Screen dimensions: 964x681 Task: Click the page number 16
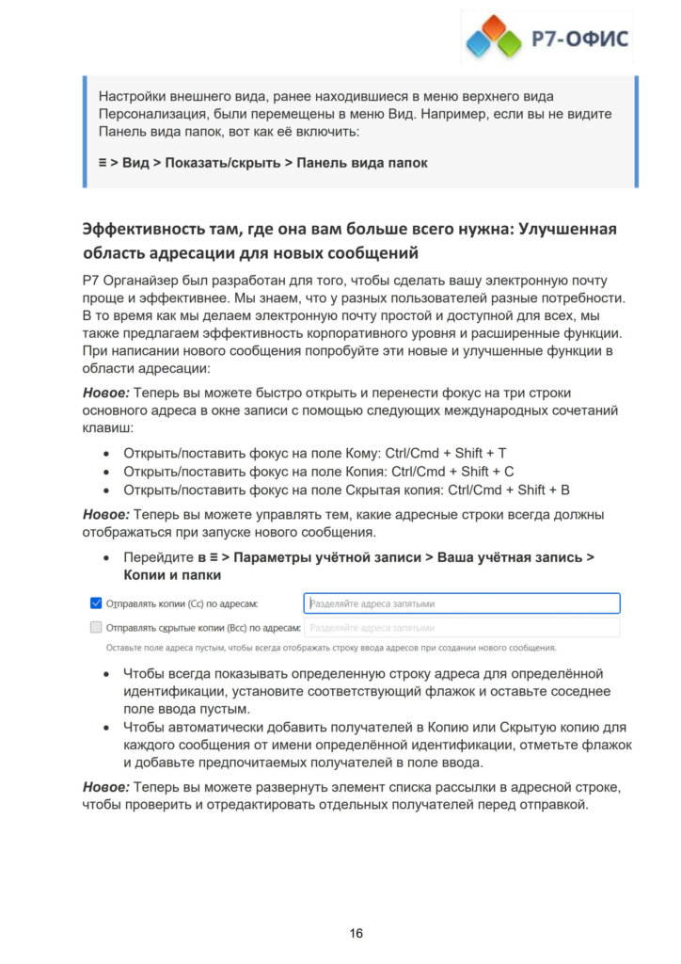pyautogui.click(x=356, y=933)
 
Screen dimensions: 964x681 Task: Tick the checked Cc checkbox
pyautogui.click(x=95, y=602)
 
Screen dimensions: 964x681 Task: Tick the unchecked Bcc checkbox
pyautogui.click(x=95, y=626)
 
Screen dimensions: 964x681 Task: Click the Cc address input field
pyautogui.click(x=461, y=602)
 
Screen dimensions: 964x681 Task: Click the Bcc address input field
pyautogui.click(x=461, y=626)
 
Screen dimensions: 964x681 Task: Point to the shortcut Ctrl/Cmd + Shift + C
pyautogui.click(x=453, y=471)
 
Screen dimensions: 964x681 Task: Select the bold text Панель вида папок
pyautogui.click(x=362, y=163)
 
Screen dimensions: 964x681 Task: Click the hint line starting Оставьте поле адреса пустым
pyautogui.click(x=330, y=648)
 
